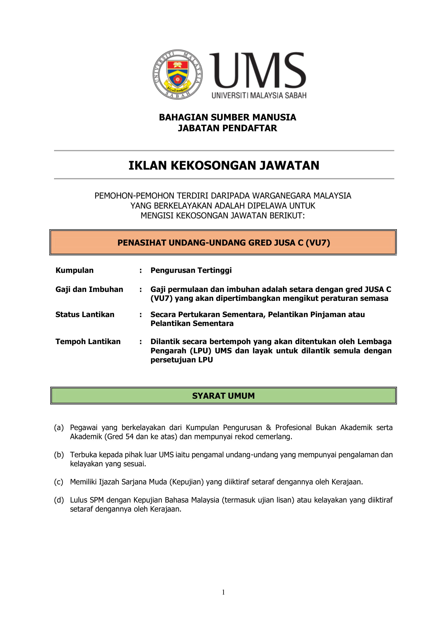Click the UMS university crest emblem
tap(178, 75)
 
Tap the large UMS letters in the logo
tap(258, 71)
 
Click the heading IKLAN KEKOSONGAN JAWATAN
tap(223, 165)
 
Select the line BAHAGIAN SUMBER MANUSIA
tap(227, 117)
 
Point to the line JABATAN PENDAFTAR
tap(227, 128)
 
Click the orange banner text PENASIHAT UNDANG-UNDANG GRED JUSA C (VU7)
tap(223, 242)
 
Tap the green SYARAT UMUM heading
tap(223, 395)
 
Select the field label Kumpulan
tap(74, 270)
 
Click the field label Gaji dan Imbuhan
tap(89, 289)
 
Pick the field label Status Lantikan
tap(85, 314)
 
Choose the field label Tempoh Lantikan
tap(88, 341)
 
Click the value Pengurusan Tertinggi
tap(191, 270)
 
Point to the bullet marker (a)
tap(59, 427)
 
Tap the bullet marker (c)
tap(58, 482)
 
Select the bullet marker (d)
tap(59, 500)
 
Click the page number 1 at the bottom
tap(223, 592)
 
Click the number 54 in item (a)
tap(129, 437)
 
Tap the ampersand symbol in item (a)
tap(268, 427)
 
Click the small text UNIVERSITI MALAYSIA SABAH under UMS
tap(259, 95)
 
